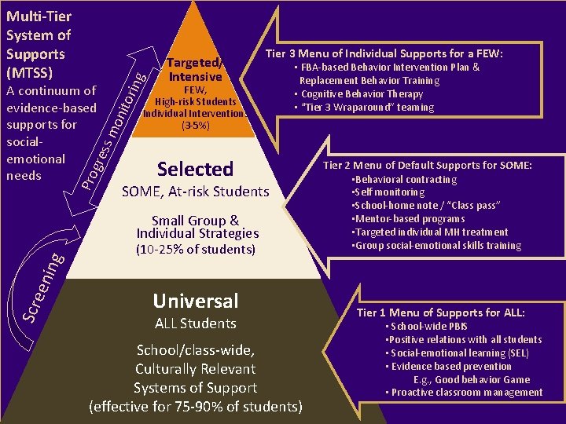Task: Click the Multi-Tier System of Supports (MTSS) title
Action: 38,44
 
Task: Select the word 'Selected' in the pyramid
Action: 195,169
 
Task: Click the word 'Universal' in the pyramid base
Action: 196,301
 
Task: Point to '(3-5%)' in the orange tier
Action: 195,125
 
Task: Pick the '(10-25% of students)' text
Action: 196,250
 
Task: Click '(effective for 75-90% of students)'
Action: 196,407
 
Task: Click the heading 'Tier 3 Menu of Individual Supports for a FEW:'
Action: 384,53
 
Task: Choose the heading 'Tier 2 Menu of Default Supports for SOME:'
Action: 428,165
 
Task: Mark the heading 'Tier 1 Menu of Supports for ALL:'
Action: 441,313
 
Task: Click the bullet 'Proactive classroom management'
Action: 465,393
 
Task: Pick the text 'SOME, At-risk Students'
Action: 195,192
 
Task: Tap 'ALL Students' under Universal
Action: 196,323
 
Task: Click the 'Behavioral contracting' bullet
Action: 405,180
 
